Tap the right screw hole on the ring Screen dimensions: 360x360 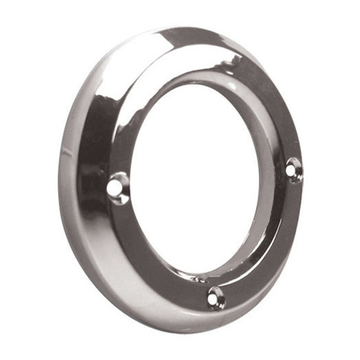pos(293,170)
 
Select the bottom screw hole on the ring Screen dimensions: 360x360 pos(215,298)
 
